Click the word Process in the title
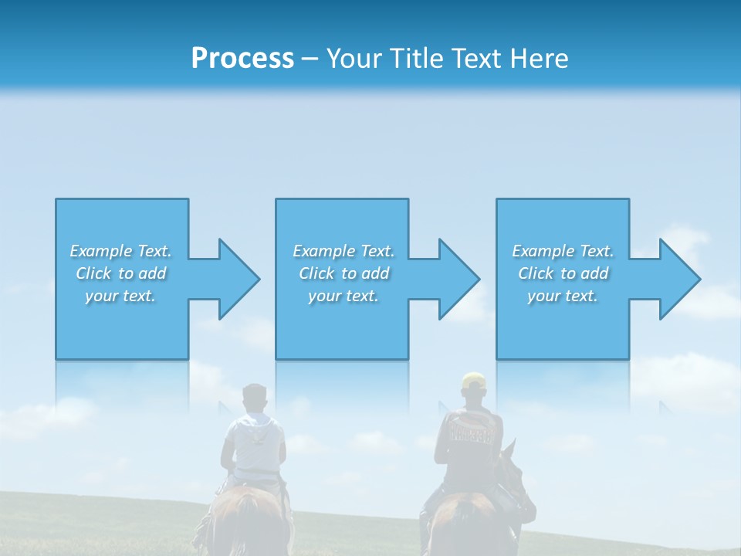coord(242,59)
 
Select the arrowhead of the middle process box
coord(458,279)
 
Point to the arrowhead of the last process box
coord(679,279)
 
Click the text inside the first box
coord(121,273)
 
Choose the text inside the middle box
coord(343,273)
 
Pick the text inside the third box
coord(563,273)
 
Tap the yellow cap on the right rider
coord(473,381)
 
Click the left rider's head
coord(253,398)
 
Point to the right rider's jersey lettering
coord(470,433)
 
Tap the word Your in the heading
coord(354,59)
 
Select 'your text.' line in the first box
coord(121,296)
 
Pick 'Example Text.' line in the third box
coord(563,251)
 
